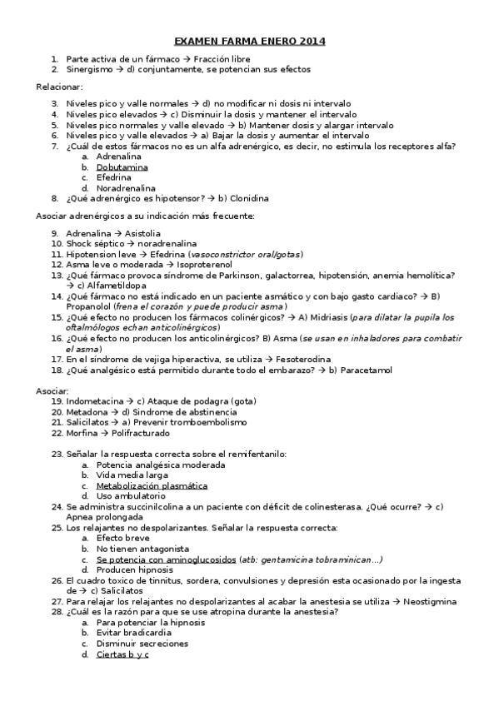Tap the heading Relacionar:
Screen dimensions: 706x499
tap(59, 87)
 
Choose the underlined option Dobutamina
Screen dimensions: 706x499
tap(122, 167)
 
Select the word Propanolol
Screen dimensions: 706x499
tap(93, 307)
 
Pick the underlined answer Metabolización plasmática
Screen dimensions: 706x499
tap(152, 485)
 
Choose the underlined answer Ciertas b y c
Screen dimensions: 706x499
tap(122, 654)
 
